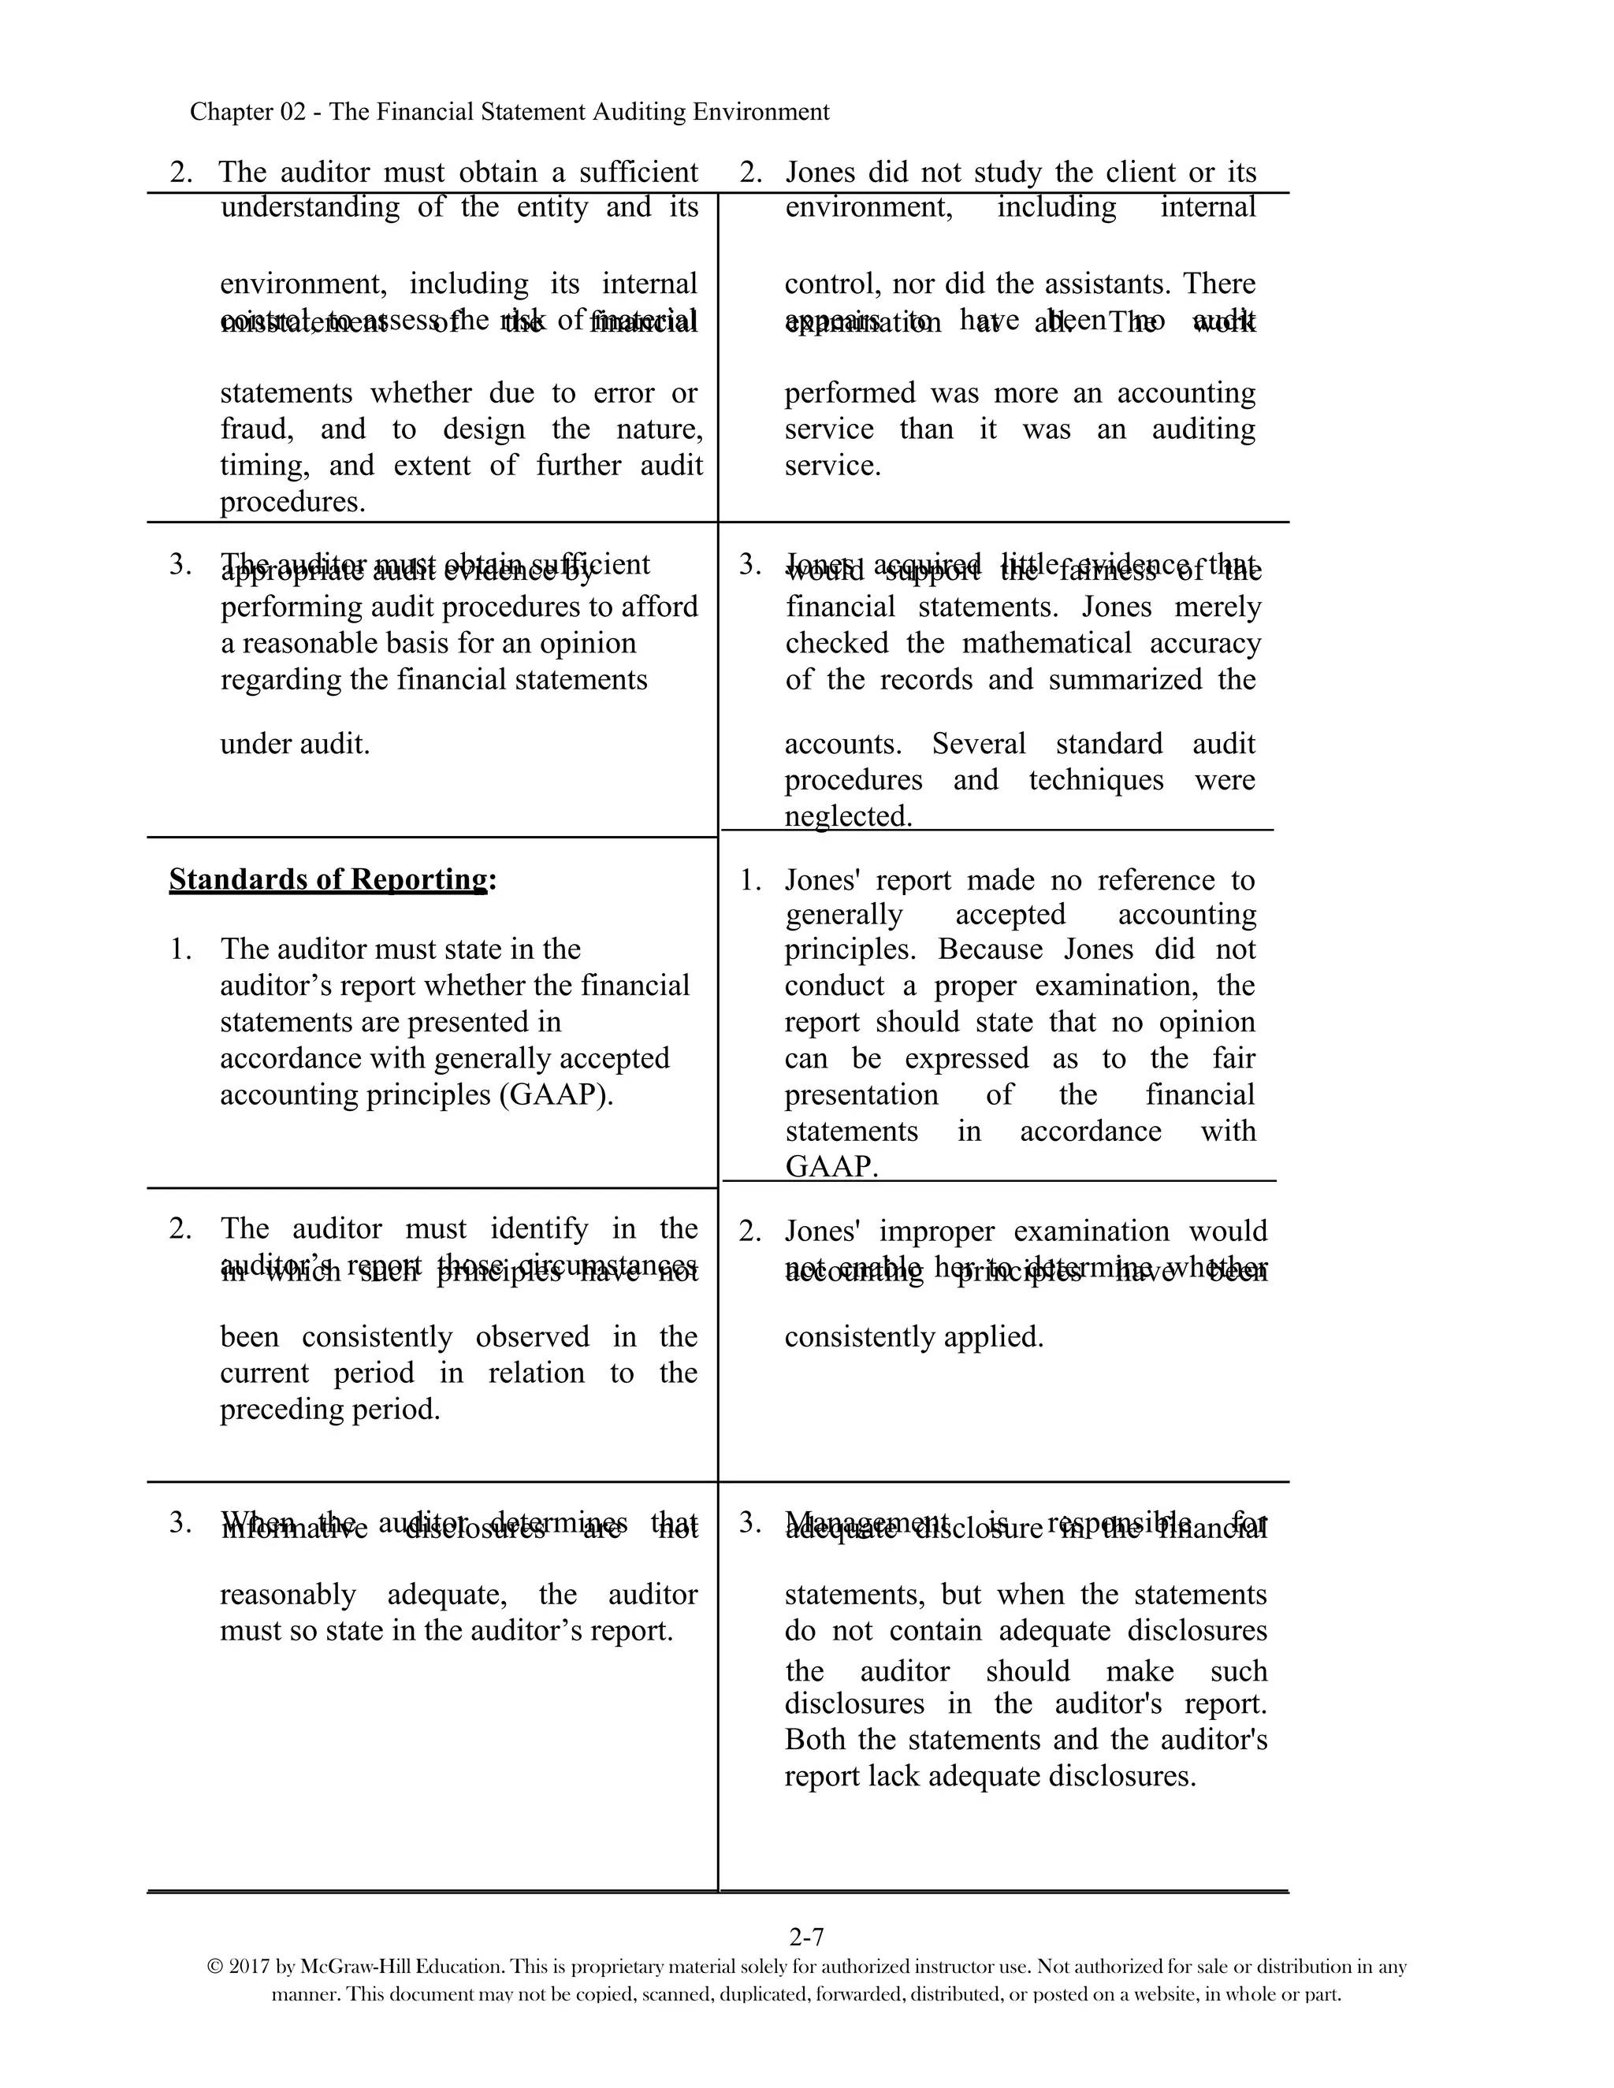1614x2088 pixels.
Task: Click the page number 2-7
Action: [x=806, y=1937]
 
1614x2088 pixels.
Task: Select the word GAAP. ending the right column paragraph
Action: [x=831, y=1166]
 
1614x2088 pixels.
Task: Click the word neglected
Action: [x=848, y=816]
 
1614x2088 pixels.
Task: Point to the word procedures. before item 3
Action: [x=292, y=502]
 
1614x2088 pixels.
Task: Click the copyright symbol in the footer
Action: [x=215, y=1967]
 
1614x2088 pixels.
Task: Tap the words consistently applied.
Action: [x=913, y=1336]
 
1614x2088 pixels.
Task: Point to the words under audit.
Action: [x=295, y=744]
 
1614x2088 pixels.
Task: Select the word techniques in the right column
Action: [x=1095, y=780]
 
